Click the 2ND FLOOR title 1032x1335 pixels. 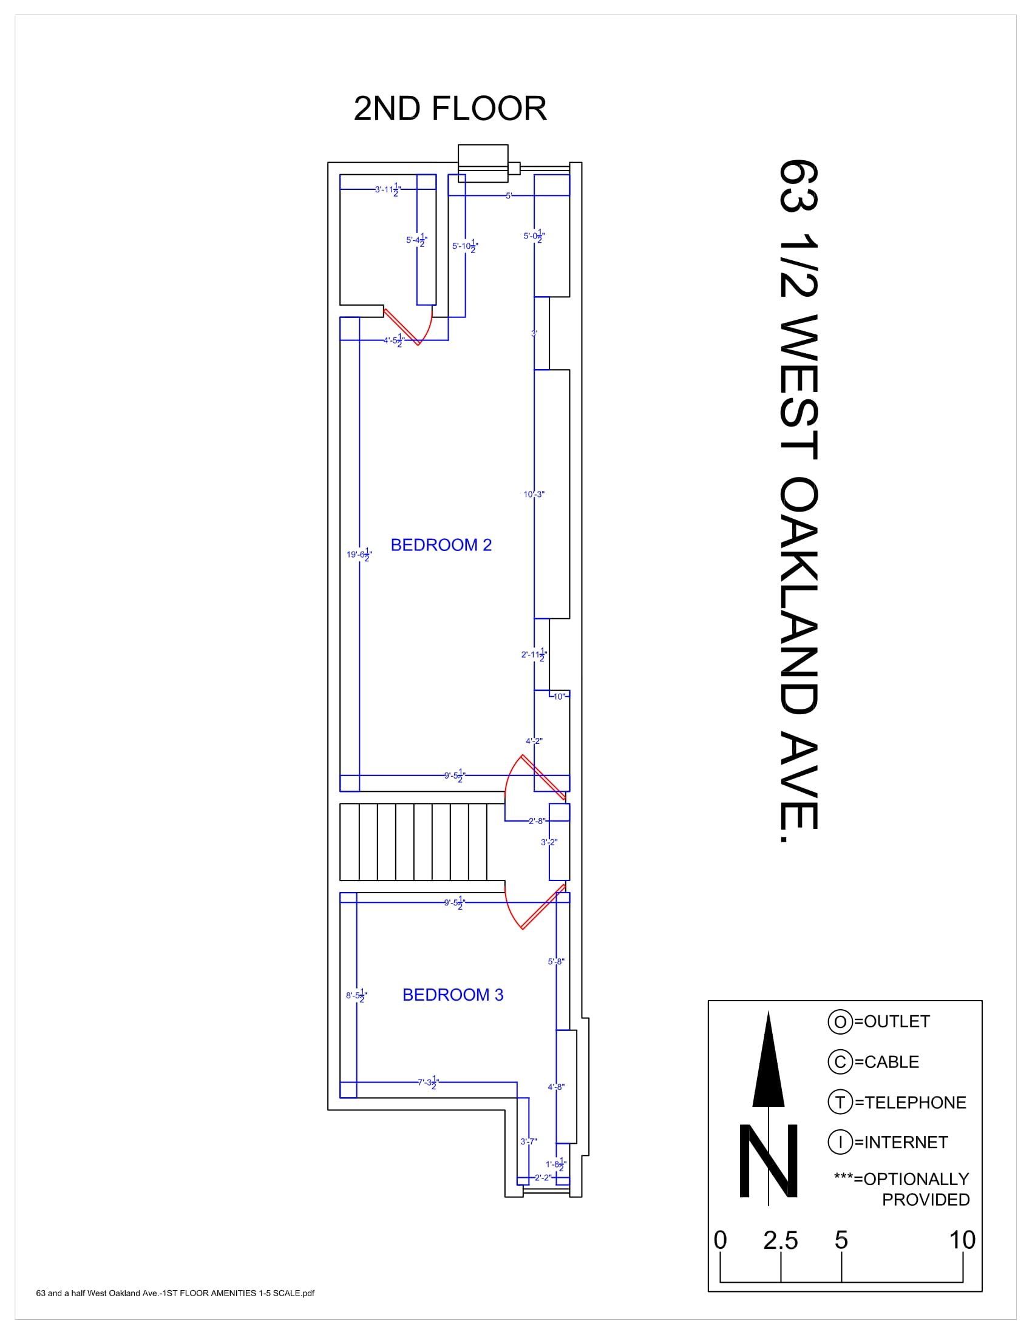pos(450,109)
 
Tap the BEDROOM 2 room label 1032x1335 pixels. pos(441,545)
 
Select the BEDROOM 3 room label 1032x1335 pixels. pos(452,995)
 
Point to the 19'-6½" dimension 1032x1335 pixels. pos(359,555)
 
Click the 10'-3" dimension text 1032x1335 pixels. pos(534,495)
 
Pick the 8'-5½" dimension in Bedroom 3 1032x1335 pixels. pos(356,996)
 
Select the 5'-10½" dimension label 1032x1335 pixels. pos(464,246)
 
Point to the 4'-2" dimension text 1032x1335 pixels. pos(534,741)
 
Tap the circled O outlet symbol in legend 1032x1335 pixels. pos(840,1021)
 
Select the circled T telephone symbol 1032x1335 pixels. pos(840,1102)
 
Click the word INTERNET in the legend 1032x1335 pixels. pos(906,1142)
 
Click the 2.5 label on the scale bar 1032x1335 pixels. pos(781,1240)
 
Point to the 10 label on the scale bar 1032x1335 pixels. pos(962,1240)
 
